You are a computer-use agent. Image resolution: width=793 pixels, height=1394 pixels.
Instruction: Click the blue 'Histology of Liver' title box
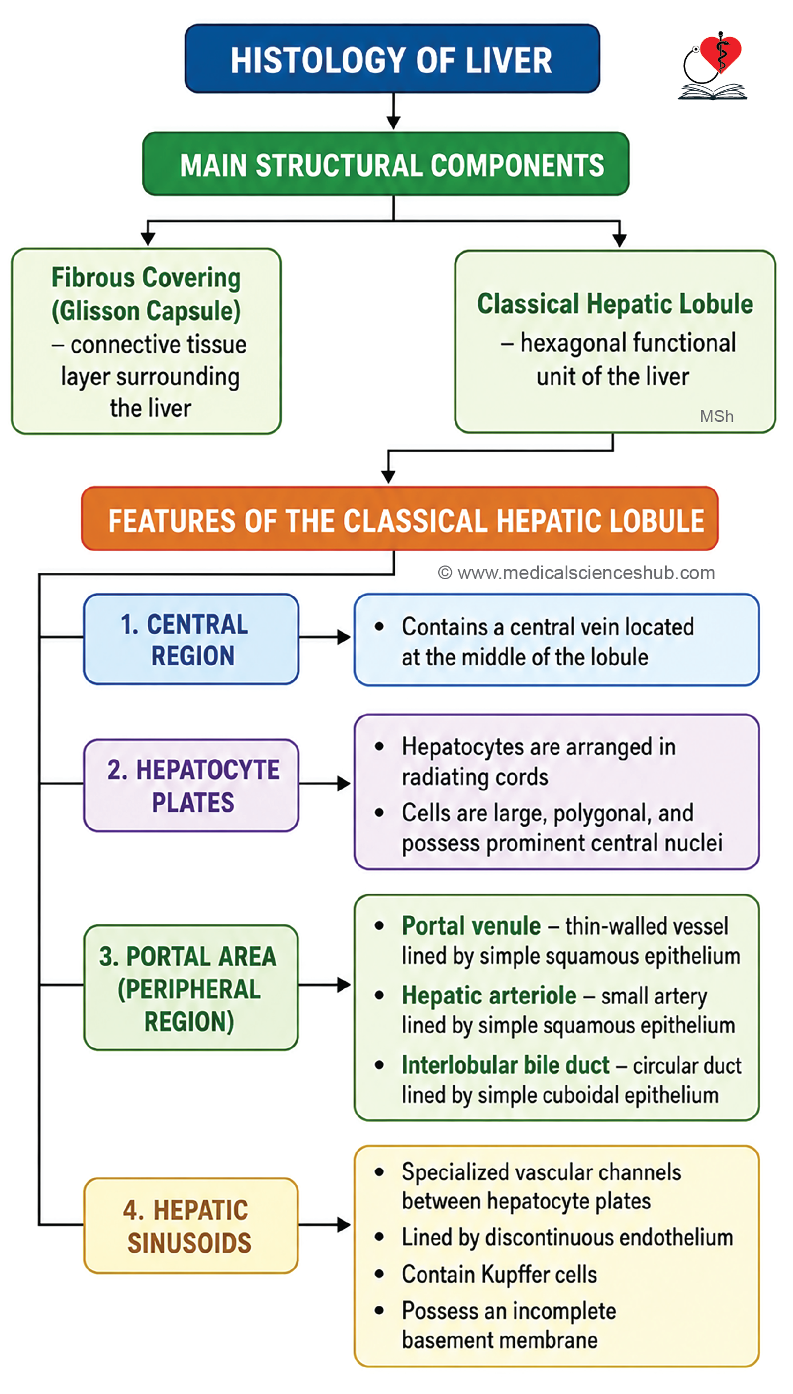click(x=392, y=59)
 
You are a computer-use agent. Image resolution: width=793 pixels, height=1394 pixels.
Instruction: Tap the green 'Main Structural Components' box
click(x=386, y=164)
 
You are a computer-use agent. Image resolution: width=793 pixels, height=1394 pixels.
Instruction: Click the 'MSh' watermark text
click(x=716, y=416)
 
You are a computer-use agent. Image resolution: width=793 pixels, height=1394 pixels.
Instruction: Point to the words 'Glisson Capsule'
click(x=146, y=312)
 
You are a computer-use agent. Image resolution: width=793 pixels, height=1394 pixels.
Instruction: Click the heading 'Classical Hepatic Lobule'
click(x=615, y=304)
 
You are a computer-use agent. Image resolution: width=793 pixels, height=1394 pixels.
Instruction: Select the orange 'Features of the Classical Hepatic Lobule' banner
click(x=399, y=519)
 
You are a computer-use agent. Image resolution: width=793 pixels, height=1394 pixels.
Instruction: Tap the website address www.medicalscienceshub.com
click(x=586, y=573)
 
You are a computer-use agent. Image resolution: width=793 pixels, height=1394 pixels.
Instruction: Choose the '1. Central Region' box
click(x=191, y=639)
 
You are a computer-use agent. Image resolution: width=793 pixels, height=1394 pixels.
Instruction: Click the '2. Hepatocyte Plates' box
click(x=191, y=785)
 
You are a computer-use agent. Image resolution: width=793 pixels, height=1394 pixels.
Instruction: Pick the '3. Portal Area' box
click(x=191, y=987)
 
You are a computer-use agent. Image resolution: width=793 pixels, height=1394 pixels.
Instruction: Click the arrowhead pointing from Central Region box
click(x=344, y=637)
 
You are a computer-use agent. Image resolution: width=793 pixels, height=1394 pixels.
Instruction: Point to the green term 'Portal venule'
click(x=471, y=926)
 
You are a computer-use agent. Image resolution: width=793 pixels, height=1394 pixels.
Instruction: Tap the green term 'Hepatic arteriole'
click(x=489, y=995)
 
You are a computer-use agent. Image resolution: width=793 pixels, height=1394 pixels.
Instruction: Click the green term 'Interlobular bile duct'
click(x=506, y=1065)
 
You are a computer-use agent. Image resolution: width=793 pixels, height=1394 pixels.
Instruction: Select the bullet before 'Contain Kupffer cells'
click(x=379, y=1274)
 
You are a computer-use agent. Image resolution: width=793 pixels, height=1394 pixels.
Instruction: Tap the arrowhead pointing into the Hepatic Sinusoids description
click(x=344, y=1225)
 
